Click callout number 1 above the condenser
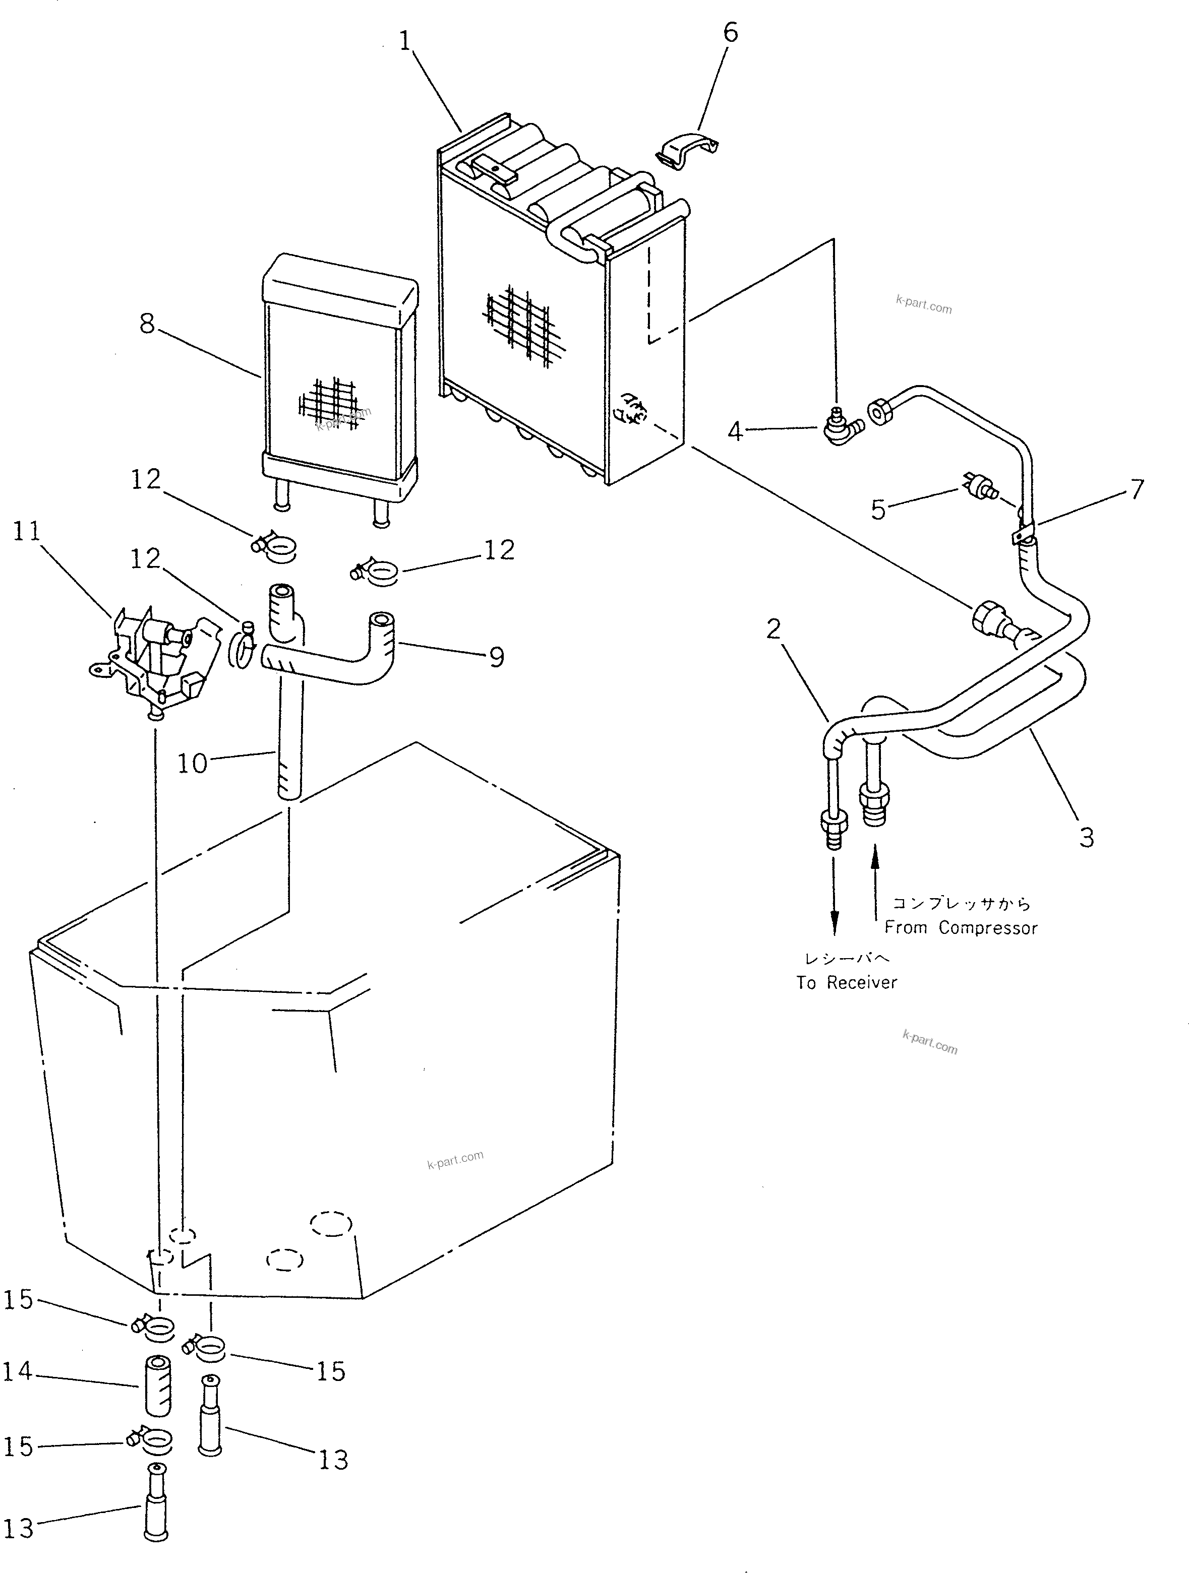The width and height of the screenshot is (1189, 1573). point(405,41)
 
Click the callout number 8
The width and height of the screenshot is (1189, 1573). point(147,324)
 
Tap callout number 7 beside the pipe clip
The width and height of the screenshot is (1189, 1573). point(1137,489)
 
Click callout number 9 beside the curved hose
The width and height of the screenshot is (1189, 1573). point(497,656)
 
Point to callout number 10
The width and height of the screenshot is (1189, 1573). point(192,764)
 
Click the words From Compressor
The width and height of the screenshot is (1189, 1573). point(961,927)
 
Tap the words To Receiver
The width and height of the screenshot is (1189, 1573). point(847,982)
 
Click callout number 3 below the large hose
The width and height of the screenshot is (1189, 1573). point(1086,837)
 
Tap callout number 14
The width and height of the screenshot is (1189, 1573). point(18,1370)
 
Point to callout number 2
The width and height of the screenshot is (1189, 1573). point(774,628)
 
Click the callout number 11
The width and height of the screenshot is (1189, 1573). point(27,531)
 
